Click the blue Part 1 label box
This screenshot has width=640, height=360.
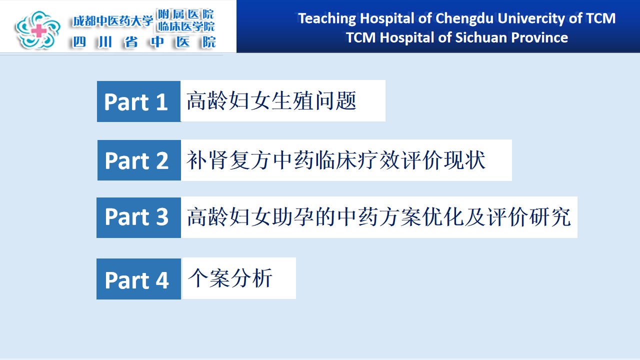(139, 101)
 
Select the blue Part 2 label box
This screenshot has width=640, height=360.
(139, 160)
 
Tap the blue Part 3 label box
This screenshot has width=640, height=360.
(138, 217)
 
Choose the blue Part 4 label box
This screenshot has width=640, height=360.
(138, 279)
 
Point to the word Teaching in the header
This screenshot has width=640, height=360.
(327, 19)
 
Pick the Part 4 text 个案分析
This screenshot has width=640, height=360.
(230, 278)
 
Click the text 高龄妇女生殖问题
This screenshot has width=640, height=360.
(271, 100)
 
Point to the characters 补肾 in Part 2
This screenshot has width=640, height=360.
(207, 160)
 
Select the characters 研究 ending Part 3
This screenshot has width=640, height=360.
(550, 217)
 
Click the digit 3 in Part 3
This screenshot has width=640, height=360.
(162, 217)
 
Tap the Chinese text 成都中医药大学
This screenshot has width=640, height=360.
(113, 21)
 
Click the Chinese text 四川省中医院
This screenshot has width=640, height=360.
(144, 42)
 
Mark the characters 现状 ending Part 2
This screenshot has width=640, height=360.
(465, 160)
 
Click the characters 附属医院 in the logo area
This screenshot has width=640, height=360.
(185, 14)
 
